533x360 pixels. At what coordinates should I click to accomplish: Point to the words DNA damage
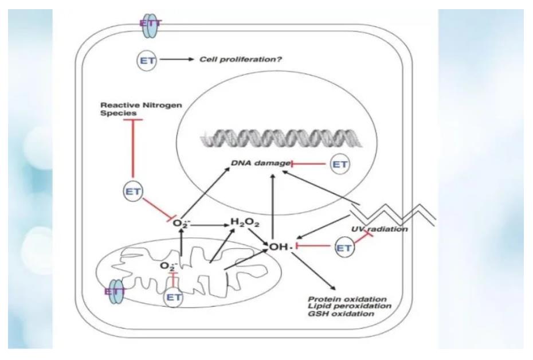point(261,164)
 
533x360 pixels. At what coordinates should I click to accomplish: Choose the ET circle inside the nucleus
point(340,165)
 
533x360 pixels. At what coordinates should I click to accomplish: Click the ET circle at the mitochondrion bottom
point(174,296)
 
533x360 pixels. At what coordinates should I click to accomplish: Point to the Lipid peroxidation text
point(349,306)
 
